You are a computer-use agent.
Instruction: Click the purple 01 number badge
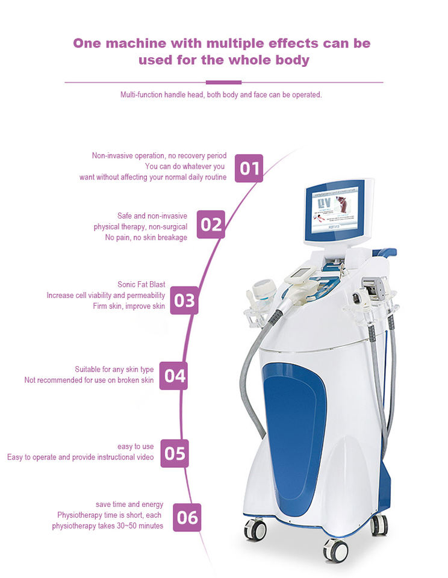pos(248,168)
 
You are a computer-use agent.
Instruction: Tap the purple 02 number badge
pos(211,225)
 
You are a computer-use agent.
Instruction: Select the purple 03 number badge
pos(184,300)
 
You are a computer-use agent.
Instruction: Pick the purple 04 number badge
pos(174,376)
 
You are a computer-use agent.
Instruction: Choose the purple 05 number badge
pos(174,453)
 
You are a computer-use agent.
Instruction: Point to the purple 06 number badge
pos(187,517)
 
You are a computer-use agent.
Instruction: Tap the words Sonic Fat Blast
pos(141,284)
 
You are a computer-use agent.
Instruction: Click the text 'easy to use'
pos(135,446)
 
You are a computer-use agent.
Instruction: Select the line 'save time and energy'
pos(129,504)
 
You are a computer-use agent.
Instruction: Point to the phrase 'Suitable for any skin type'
pos(114,369)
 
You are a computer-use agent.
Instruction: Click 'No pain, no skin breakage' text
pos(146,237)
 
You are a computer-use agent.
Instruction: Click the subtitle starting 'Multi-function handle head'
pos(221,95)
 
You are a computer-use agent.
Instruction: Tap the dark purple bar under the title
pos(223,82)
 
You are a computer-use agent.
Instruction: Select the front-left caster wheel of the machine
pos(255,529)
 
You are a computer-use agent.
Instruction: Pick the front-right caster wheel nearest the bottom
pos(335,549)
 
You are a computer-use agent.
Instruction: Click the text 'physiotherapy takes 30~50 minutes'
pos(107,526)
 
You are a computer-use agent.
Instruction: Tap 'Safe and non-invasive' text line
pos(152,216)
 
